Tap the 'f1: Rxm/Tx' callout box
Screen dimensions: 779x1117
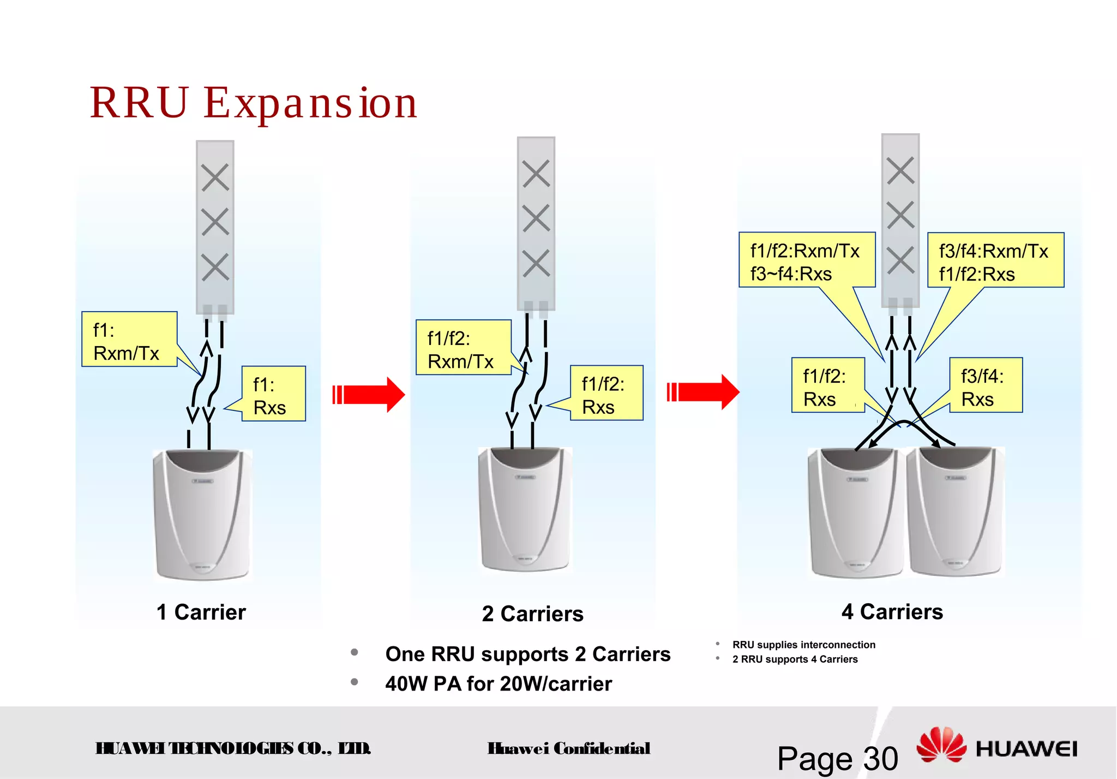(129, 340)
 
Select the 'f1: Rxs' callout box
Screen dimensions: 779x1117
(274, 394)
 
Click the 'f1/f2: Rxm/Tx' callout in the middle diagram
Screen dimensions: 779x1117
(463, 348)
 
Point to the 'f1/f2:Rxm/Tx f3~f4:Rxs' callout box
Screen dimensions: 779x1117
(806, 260)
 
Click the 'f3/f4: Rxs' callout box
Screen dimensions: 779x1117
(986, 385)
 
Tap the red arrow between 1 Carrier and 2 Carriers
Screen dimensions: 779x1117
(369, 394)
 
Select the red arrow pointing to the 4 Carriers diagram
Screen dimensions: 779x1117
(704, 392)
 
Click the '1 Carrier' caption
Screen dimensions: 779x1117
(201, 613)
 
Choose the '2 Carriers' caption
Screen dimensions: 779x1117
(532, 614)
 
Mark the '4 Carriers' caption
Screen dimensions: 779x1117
(892, 612)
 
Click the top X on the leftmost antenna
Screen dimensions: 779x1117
(215, 177)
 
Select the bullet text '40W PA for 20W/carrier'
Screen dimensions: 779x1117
(499, 684)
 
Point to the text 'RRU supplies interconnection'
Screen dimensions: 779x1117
(804, 645)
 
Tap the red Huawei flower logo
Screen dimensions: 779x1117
(941, 745)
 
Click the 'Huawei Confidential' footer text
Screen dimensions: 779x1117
(569, 748)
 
